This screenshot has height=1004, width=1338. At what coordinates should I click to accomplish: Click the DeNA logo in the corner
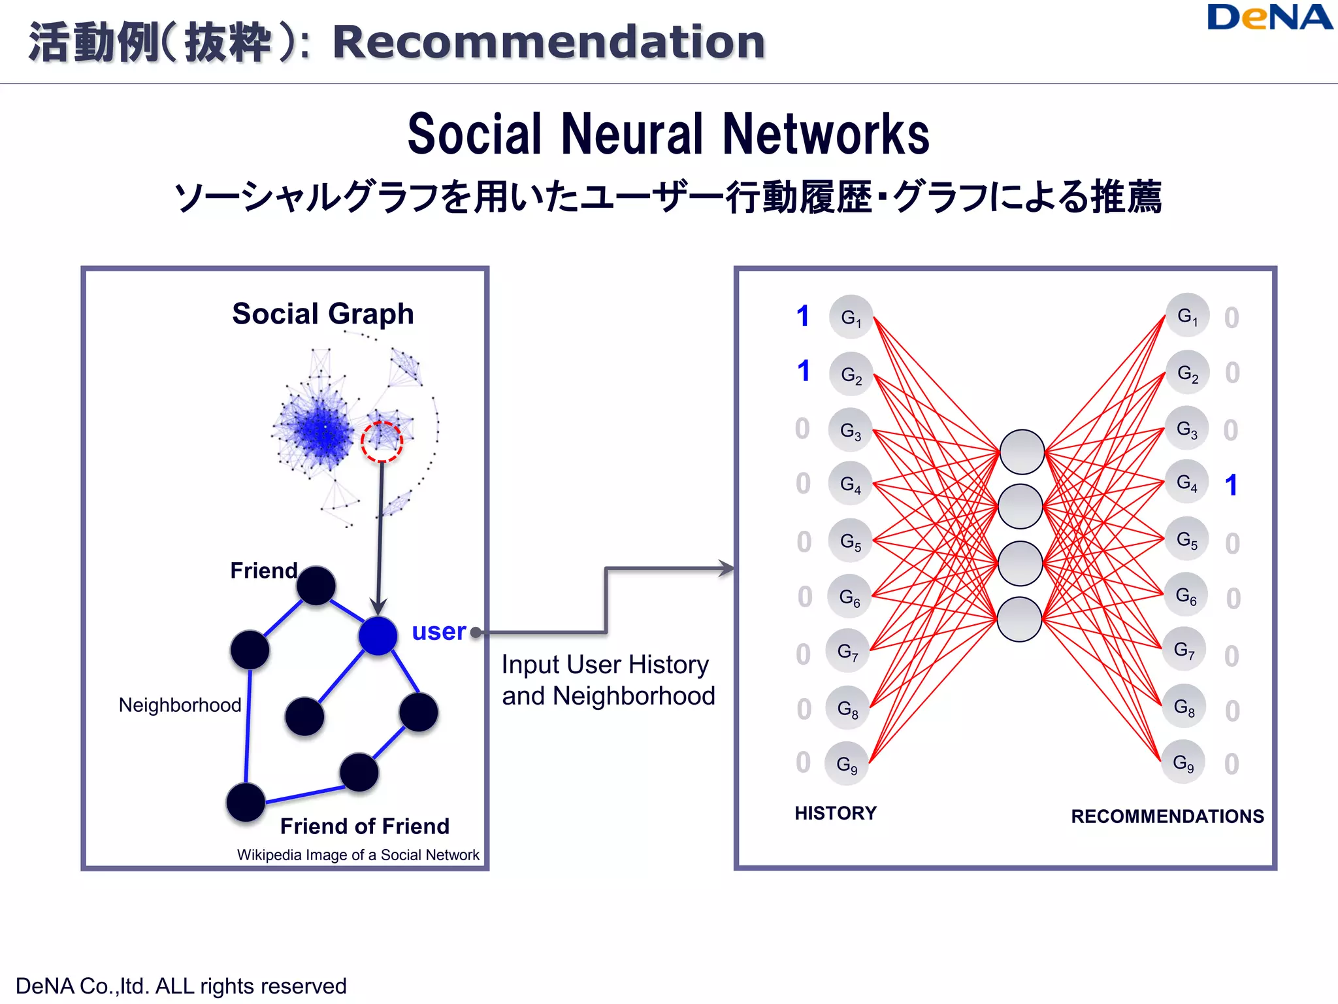point(1269,18)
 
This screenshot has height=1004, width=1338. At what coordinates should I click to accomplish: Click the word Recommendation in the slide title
point(548,42)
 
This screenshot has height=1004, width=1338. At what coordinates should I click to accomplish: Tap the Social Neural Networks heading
point(668,134)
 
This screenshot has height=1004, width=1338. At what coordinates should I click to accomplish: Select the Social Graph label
point(323,314)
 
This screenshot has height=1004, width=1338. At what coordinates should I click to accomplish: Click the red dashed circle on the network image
point(382,442)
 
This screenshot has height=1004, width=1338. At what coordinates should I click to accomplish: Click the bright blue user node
point(378,635)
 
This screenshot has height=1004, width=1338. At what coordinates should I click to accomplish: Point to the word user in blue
point(438,631)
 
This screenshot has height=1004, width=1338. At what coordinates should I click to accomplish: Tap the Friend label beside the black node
point(263,571)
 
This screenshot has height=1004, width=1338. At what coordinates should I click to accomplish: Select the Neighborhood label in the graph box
point(180,705)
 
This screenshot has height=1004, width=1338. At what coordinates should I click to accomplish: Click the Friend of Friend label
point(365,826)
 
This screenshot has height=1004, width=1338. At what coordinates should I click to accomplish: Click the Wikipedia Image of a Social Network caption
point(358,855)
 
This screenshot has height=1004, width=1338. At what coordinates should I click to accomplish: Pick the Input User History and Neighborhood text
point(608,680)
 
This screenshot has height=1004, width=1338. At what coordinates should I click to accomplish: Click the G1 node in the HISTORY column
point(851,318)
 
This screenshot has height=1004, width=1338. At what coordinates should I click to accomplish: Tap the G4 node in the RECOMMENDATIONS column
point(1187,482)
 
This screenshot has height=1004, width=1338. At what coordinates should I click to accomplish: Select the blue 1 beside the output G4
point(1231,485)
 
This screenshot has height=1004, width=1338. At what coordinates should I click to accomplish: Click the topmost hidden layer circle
point(1022,452)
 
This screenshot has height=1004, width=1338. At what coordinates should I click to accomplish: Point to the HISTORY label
point(835,813)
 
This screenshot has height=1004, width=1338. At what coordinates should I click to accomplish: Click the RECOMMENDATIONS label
point(1167,816)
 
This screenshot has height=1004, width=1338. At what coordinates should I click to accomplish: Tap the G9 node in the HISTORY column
point(847,763)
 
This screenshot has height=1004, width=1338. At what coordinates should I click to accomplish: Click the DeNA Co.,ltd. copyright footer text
point(181,986)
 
